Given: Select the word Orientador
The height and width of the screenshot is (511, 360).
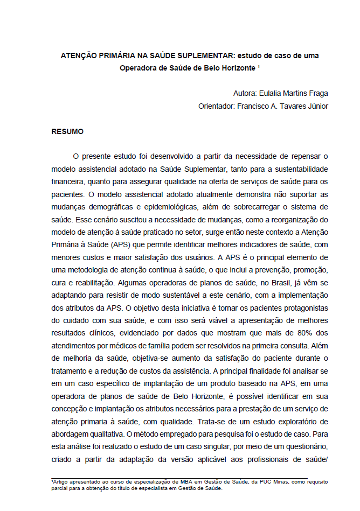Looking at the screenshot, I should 217,106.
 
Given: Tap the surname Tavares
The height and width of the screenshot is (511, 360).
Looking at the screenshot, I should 287,106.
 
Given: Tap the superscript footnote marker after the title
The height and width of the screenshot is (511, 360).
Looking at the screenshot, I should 259,67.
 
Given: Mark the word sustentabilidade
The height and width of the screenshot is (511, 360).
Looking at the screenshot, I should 294,169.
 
